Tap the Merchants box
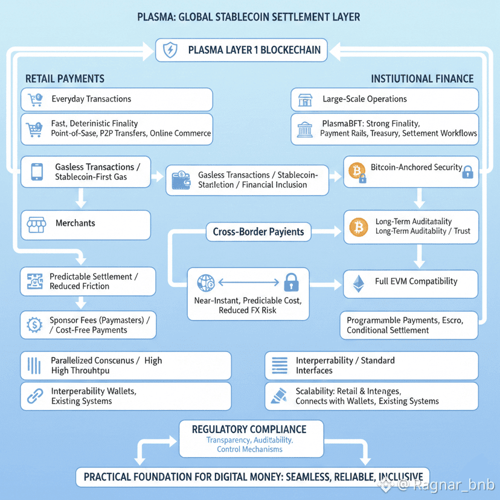click(85, 225)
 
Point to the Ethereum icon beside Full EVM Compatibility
click(359, 282)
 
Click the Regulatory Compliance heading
click(249, 429)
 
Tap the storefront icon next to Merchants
click(36, 225)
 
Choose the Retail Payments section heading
click(65, 79)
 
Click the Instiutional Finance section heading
click(422, 79)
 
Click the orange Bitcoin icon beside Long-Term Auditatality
click(358, 226)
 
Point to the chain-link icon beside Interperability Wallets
click(35, 396)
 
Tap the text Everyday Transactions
click(91, 99)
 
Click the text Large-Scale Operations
click(365, 99)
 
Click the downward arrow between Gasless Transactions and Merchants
click(80, 198)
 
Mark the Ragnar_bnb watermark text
click(447, 484)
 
